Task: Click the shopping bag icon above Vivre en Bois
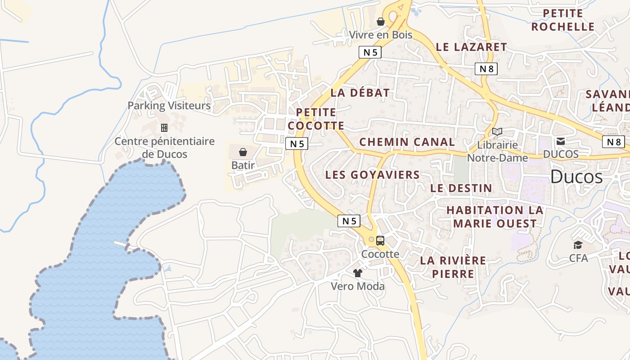(x=381, y=22)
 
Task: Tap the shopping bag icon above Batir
(x=243, y=152)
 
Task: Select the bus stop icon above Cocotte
(x=380, y=241)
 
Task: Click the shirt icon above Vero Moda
(x=358, y=273)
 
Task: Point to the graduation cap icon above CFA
(x=578, y=245)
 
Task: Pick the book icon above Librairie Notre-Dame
(x=497, y=132)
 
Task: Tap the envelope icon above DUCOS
(x=561, y=141)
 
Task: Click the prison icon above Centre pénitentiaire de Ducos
(x=164, y=128)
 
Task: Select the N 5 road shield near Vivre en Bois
(x=370, y=52)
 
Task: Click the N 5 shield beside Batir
(x=297, y=144)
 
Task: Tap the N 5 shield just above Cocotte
(x=349, y=220)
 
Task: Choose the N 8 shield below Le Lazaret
(x=486, y=69)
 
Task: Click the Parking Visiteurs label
(x=169, y=106)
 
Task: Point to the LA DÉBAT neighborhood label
(x=360, y=93)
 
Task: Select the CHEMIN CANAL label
(x=407, y=142)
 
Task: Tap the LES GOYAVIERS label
(x=373, y=175)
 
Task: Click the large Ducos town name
(x=576, y=177)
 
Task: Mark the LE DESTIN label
(x=461, y=188)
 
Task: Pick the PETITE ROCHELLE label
(x=563, y=20)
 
